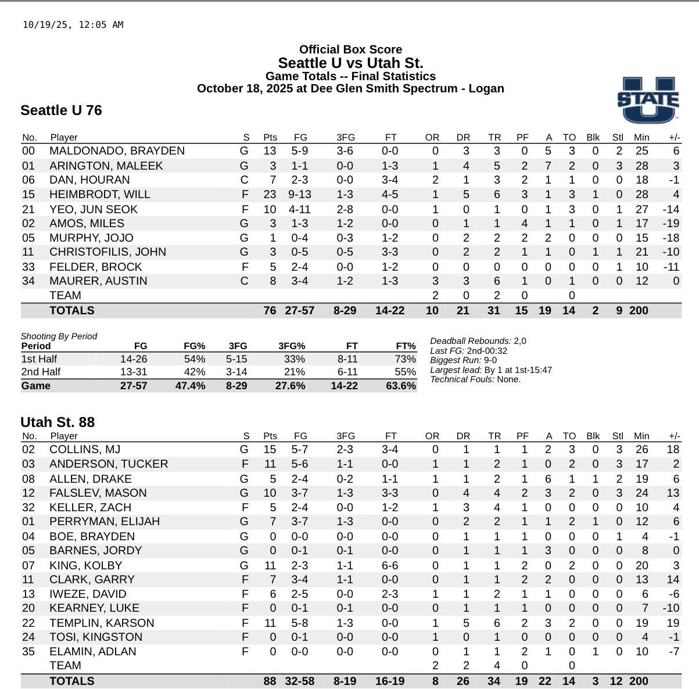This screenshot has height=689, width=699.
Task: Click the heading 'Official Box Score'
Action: coord(350,50)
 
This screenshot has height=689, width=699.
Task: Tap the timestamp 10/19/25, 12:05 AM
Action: coord(73,25)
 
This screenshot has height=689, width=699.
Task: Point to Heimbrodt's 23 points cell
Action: coord(270,195)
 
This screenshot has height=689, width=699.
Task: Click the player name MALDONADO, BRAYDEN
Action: coord(117,151)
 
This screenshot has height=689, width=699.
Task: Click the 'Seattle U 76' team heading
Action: coord(61,110)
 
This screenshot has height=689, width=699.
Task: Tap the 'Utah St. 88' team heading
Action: coord(58,422)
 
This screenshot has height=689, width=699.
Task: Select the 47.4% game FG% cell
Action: coord(190,386)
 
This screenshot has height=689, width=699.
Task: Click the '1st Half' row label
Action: coord(39,359)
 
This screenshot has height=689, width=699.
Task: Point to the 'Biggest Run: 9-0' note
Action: coord(463,360)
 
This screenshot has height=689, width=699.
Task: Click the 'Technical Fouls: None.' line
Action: coord(475,379)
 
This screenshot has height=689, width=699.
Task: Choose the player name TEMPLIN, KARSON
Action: coord(102,623)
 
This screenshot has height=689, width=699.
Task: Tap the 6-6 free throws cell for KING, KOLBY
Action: coord(390,565)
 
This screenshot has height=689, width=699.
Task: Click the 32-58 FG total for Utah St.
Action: coord(299,681)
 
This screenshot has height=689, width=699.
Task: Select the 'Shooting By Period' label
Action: coord(59,336)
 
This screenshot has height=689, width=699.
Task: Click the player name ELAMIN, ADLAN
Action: coord(92,652)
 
